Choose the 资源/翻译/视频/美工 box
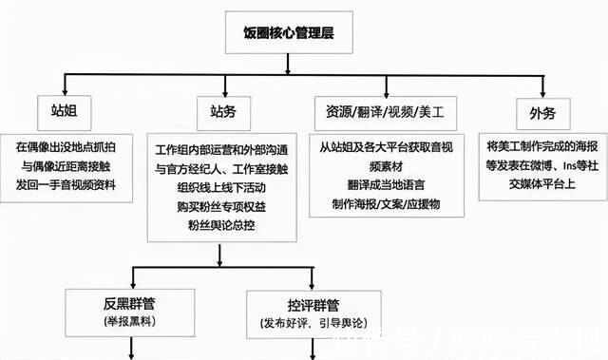[383, 113]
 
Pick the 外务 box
[541, 113]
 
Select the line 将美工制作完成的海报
[541, 147]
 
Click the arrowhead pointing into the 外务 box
[541, 93]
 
